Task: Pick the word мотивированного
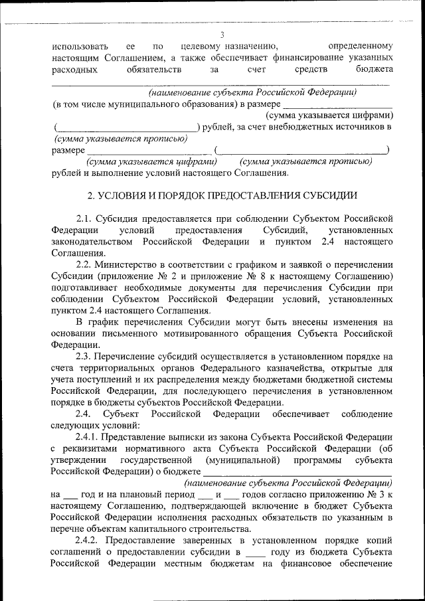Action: point(196,333)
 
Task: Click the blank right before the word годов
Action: point(230,494)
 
